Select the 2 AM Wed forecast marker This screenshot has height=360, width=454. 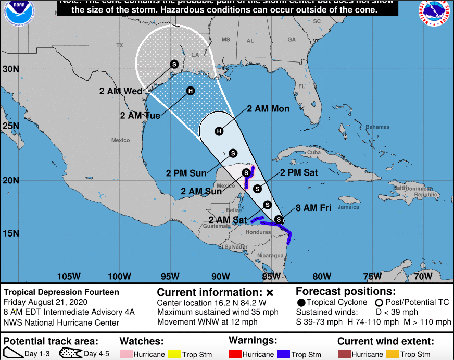(174, 64)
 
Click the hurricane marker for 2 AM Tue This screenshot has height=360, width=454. (191, 91)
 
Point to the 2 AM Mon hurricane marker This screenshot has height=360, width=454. (219, 131)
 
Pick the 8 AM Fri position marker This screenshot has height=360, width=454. (279, 219)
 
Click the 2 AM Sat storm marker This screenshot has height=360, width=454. (268, 205)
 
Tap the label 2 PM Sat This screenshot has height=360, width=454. (299, 172)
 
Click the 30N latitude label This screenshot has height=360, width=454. (10, 69)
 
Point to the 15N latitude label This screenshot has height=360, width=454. (10, 233)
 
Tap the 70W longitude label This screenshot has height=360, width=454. (423, 276)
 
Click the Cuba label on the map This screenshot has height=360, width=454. (314, 152)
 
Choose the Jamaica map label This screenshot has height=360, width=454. (348, 207)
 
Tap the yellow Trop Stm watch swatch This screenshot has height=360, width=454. (174, 355)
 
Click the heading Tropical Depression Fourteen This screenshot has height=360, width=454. (61, 292)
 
